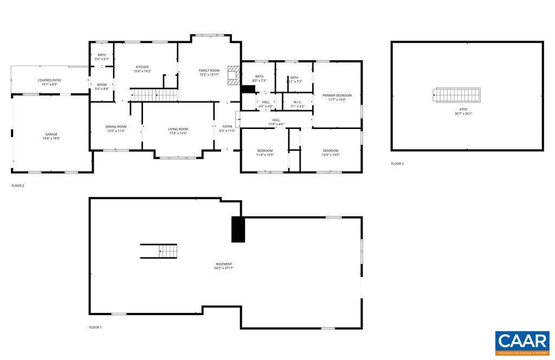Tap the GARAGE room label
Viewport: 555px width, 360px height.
pyautogui.click(x=51, y=134)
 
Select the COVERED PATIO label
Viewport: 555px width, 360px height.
pyautogui.click(x=49, y=80)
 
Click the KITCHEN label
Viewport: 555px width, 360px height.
pyautogui.click(x=142, y=67)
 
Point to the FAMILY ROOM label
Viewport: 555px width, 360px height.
pyautogui.click(x=209, y=70)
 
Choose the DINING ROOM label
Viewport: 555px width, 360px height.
pyautogui.click(x=115, y=127)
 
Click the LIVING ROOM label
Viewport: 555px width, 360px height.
pyautogui.click(x=178, y=129)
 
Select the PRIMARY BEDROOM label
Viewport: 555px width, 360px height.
pyautogui.click(x=337, y=95)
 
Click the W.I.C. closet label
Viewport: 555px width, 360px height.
pyautogui.click(x=298, y=102)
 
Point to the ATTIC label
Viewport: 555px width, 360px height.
pyautogui.click(x=463, y=110)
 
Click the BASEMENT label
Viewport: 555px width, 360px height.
pyautogui.click(x=224, y=264)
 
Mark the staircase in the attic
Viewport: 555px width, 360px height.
pyautogui.click(x=457, y=95)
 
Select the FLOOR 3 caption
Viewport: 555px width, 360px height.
pyautogui.click(x=397, y=164)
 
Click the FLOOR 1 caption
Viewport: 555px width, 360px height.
pyautogui.click(x=95, y=327)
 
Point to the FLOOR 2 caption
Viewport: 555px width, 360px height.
pyautogui.click(x=18, y=185)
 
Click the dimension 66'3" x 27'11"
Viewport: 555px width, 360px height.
pyautogui.click(x=224, y=268)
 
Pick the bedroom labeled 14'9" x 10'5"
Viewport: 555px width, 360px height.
pyautogui.click(x=331, y=152)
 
